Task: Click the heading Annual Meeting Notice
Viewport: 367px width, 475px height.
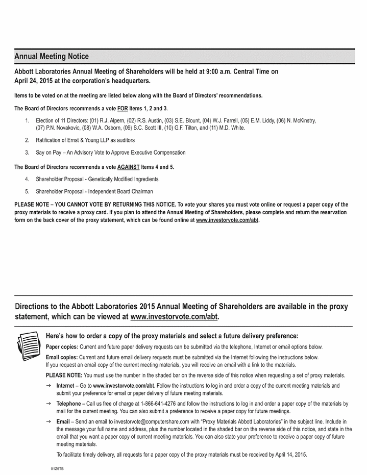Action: (52, 56)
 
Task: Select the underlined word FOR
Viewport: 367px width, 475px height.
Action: (123, 109)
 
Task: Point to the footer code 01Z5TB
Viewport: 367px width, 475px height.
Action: (57, 468)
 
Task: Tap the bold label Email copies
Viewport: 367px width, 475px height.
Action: (62, 357)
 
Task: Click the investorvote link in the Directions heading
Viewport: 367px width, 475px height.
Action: (174, 316)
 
